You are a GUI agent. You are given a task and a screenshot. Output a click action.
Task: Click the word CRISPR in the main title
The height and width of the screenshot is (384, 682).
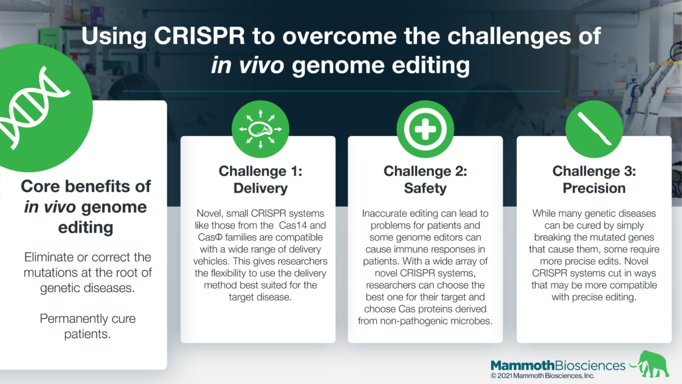200,36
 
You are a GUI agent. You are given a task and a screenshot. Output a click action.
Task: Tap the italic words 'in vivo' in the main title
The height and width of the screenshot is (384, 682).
248,65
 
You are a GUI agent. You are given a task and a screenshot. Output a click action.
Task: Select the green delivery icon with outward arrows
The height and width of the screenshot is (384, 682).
260,129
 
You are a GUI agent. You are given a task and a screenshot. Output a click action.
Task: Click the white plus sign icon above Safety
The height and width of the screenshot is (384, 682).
425,129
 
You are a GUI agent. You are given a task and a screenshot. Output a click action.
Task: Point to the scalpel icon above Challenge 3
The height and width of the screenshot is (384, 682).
593,128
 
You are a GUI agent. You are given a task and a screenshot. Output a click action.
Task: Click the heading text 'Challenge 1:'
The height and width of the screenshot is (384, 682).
260,171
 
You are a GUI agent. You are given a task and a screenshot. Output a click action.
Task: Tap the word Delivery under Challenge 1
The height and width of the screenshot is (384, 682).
260,188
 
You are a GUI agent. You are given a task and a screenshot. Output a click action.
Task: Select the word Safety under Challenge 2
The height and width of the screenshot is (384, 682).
425,188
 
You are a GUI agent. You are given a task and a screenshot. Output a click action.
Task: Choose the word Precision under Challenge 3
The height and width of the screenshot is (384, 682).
593,188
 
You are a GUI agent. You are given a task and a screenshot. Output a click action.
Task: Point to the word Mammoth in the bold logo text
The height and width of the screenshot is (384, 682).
522,365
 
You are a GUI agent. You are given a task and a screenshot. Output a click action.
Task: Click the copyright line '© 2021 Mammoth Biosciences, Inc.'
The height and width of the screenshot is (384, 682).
542,376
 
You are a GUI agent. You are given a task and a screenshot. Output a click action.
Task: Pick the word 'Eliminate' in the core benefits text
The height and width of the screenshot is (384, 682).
49,257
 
